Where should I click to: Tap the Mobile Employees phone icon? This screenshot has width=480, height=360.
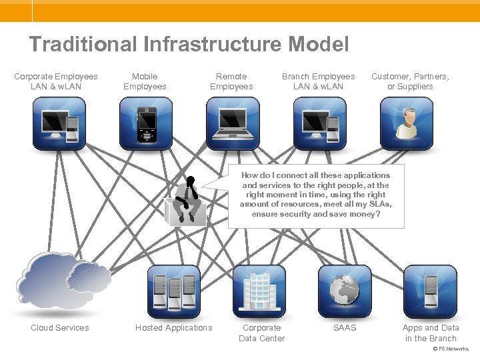146,123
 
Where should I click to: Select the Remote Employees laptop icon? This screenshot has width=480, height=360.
232,123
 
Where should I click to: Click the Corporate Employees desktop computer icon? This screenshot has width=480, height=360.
59,123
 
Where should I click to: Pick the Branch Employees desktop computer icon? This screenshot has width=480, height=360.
319,123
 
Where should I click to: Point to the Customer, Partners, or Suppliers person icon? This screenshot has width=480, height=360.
406,123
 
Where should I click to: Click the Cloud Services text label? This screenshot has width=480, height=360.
59,328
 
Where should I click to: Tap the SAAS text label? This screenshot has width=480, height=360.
345,328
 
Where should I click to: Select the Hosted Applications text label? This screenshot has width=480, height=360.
173,328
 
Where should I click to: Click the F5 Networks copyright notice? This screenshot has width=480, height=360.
451,349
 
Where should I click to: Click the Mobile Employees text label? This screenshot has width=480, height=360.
145,81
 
